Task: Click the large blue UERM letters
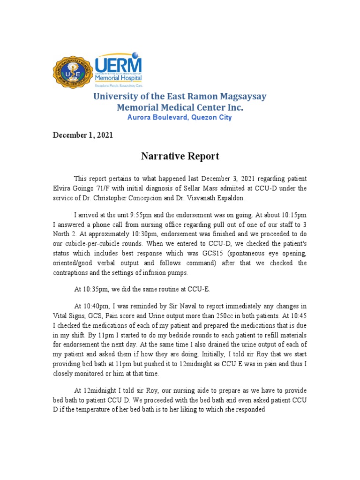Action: pos(118,66)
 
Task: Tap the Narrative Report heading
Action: pos(180,156)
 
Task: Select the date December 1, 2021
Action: pos(82,135)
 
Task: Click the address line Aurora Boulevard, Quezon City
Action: pos(180,117)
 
